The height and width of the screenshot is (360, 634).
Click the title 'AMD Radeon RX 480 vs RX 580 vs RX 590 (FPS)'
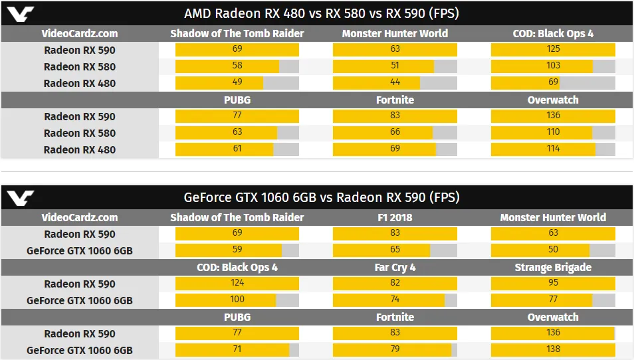point(321,13)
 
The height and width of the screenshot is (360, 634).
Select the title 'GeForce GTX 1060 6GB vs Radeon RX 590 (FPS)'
point(321,197)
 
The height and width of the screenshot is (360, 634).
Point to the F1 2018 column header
point(395,217)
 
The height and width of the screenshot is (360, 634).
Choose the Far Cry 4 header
point(395,267)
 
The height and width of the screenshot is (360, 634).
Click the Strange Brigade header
point(553,267)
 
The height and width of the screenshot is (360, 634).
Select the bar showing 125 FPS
point(553,50)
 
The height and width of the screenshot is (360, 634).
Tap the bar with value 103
point(542,66)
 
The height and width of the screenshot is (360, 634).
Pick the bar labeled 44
point(376,83)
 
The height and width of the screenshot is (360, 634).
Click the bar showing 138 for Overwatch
point(553,350)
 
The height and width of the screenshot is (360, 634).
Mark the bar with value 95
point(553,284)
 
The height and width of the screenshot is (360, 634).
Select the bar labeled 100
point(225,300)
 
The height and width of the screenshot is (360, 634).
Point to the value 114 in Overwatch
point(553,149)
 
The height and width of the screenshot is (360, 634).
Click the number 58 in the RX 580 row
point(237,66)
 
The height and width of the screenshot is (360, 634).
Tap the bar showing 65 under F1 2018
point(381,250)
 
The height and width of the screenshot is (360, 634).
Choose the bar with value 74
point(389,300)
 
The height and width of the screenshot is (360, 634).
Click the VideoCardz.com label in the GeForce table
point(80,217)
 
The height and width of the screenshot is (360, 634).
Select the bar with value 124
point(237,284)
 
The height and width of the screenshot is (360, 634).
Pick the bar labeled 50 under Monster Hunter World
point(540,250)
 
